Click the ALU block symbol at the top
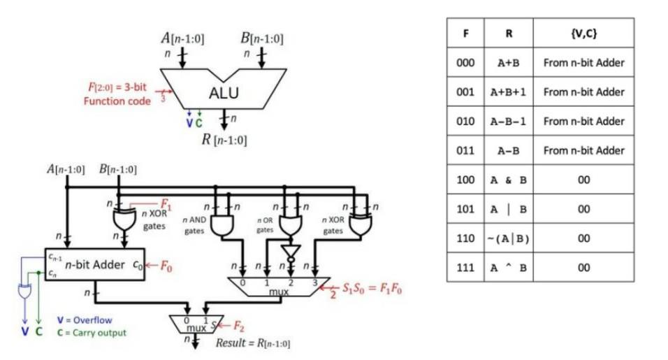tap(223, 92)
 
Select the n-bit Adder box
tap(94, 265)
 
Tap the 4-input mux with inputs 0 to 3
tap(279, 286)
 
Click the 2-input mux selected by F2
tap(196, 325)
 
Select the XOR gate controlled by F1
tap(124, 218)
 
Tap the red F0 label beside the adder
tap(166, 266)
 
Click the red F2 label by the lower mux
tap(238, 325)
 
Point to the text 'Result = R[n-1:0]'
tap(252, 343)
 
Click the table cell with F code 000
tap(465, 62)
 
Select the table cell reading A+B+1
tap(508, 92)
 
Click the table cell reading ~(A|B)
tap(508, 238)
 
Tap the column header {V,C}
tap(583, 32)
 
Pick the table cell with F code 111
tap(465, 268)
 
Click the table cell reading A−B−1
tap(508, 121)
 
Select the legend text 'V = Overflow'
tap(84, 320)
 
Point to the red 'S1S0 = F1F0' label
tap(371, 287)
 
